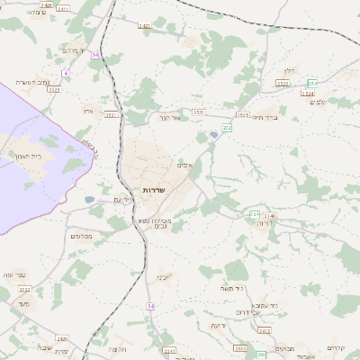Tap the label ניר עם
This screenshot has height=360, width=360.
[124, 199]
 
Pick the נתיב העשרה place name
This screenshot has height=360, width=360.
[36, 82]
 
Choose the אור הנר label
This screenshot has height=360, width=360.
[171, 117]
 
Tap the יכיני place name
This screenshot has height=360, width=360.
[163, 275]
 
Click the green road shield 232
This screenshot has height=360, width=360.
[228, 128]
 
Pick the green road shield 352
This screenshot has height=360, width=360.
[311, 84]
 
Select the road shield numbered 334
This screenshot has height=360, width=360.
[255, 214]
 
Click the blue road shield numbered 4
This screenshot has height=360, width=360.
[65, 73]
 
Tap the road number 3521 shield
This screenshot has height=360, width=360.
[112, 114]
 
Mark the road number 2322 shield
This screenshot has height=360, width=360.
[25, 289]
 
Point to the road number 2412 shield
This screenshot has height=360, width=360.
[264, 330]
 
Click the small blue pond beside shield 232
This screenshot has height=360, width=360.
[213, 135]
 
